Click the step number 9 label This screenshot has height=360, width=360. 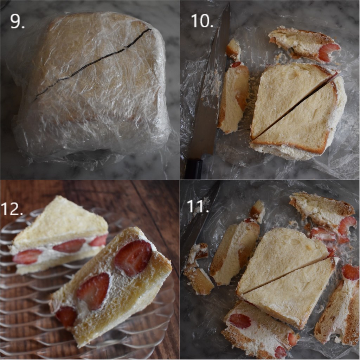click(17, 21)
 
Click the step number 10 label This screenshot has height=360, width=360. click(202, 21)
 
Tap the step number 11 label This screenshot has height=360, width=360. click(198, 206)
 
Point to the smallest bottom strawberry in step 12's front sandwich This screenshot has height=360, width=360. click(66, 315)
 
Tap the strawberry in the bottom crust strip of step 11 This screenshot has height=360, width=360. click(240, 320)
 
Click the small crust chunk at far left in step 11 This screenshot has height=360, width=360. click(198, 271)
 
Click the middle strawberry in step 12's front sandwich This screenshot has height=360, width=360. click(94, 290)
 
